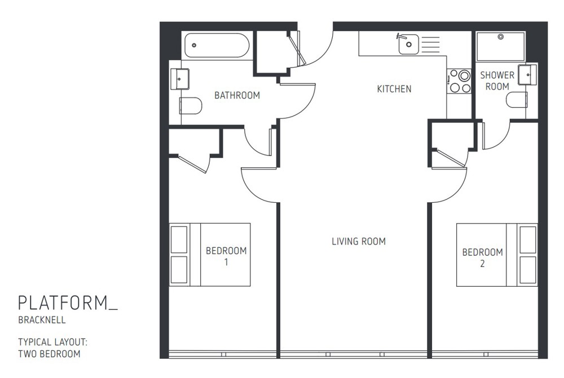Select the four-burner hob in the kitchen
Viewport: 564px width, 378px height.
coord(459,81)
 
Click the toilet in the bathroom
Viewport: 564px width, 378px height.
coord(191,105)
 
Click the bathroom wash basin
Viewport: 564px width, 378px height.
coord(180,79)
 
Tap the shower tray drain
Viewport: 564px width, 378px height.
coord(500,37)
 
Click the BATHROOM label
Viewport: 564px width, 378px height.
coord(237,96)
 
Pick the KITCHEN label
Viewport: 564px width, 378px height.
coord(394,89)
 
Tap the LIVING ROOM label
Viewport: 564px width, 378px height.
coord(358,242)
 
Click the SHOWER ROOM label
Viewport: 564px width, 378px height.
coord(497,81)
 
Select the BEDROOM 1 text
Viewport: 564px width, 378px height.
coord(226,256)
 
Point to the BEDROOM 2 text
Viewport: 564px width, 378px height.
coord(482,257)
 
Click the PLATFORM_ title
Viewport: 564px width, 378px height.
coord(68,303)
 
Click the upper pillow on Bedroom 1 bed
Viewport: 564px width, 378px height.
coord(179,239)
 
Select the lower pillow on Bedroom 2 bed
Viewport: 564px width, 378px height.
coord(528,270)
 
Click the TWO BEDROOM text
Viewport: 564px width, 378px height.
coord(49,354)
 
